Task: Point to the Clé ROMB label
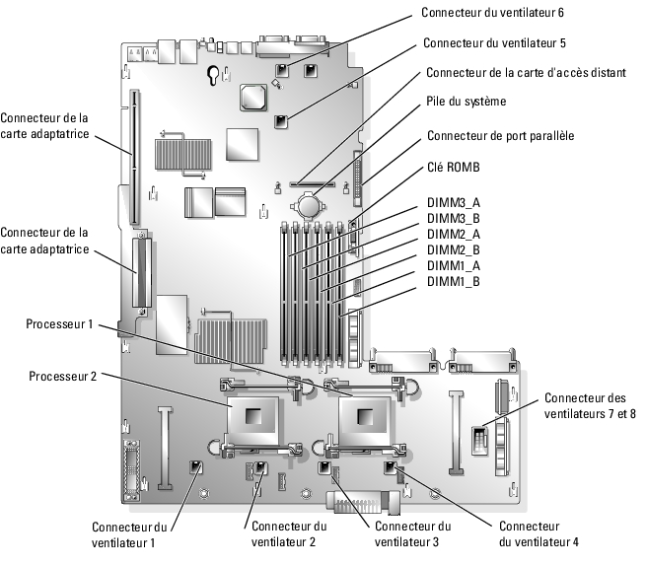pos(453,167)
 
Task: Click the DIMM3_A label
pos(454,202)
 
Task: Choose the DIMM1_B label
pos(454,281)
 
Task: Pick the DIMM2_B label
pos(454,249)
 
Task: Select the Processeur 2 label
pos(62,376)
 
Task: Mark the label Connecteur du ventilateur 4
pos(539,533)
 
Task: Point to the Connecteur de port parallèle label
pos(500,135)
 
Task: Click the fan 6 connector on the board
pos(282,71)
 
